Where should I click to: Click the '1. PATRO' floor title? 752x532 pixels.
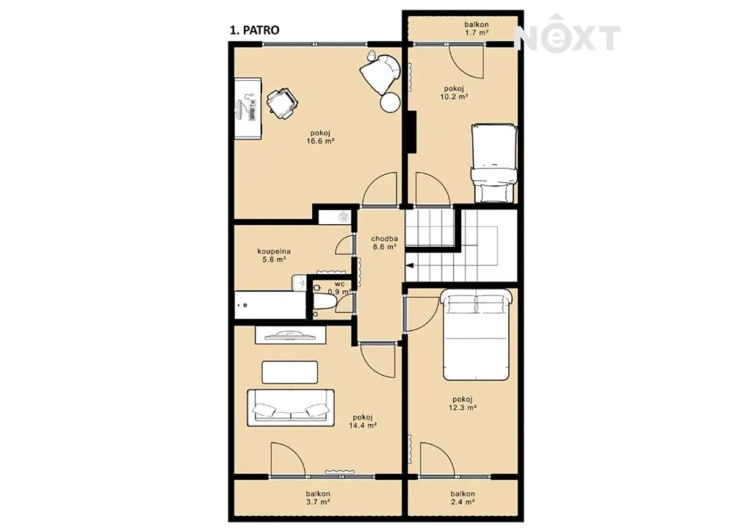[x=254, y=30]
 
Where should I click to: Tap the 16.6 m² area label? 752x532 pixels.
[x=320, y=141]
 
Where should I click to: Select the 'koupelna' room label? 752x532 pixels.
[x=274, y=251]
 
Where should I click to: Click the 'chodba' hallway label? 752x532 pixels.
[x=384, y=238]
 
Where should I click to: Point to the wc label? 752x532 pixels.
[x=339, y=284]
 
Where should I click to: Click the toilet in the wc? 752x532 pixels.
[x=325, y=303]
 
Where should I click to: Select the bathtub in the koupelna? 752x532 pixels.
[x=270, y=305]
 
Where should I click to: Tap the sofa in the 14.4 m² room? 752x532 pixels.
[x=291, y=408]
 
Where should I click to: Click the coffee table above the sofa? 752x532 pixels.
[x=289, y=373]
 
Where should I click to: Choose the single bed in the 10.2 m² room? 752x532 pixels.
[x=494, y=163]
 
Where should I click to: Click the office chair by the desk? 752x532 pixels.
[x=282, y=103]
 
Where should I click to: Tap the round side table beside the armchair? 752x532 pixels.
[x=390, y=102]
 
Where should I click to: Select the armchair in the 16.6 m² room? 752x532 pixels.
[x=380, y=73]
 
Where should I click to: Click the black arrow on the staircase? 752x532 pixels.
[x=410, y=265]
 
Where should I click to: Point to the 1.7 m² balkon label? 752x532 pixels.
[x=476, y=29]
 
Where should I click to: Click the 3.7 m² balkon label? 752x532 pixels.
[x=318, y=498]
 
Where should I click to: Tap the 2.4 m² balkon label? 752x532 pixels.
[x=463, y=498]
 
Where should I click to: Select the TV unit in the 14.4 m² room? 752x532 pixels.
[x=290, y=334]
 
